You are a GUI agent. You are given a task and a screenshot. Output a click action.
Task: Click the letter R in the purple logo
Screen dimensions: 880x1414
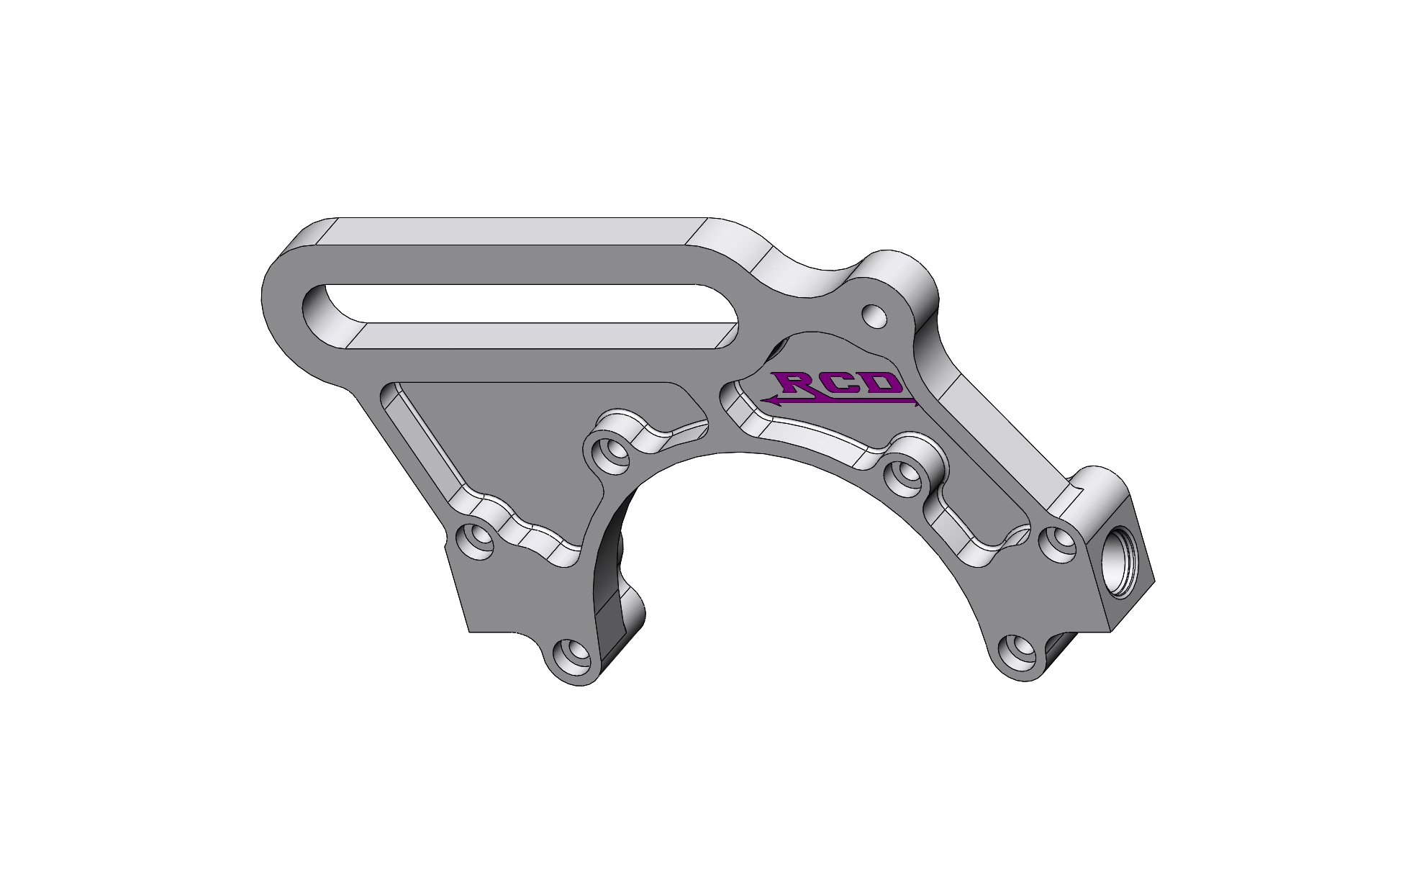[792, 384]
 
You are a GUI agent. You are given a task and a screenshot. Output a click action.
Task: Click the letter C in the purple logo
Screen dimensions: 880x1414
[842, 383]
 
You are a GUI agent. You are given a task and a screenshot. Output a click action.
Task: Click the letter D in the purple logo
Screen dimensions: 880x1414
[884, 383]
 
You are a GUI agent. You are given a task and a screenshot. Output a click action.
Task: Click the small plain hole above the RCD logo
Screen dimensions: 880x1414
[874, 315]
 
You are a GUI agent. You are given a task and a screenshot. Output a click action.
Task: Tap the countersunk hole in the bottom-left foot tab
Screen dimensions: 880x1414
[574, 653]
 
